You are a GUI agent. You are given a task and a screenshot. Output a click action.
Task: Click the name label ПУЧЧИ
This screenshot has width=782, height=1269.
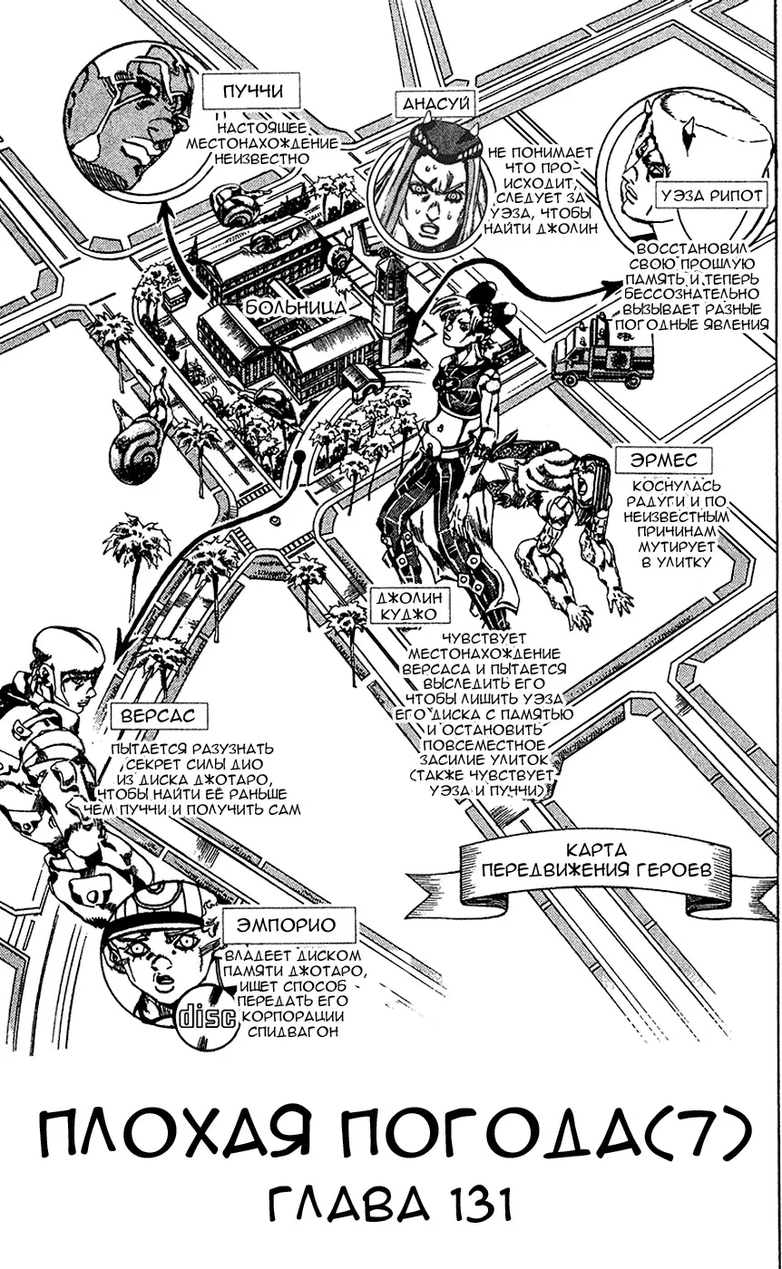tap(239, 92)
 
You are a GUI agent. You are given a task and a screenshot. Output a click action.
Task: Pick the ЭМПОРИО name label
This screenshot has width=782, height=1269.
tap(286, 925)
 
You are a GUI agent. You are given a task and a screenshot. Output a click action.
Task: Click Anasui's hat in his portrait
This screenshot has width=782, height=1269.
tap(443, 140)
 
